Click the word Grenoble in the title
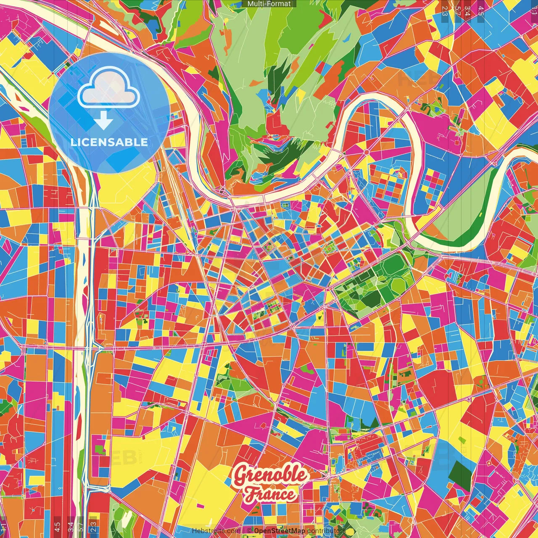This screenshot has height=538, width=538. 270,475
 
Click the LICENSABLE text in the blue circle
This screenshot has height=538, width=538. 109,142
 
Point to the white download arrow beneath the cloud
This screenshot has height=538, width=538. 103,121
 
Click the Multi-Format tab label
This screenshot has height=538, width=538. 269,4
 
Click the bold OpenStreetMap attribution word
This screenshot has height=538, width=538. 280,531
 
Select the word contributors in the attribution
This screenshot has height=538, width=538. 326,531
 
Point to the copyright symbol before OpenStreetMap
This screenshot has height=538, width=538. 249,531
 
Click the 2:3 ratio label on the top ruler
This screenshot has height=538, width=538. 445,11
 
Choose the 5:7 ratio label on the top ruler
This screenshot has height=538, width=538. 457,11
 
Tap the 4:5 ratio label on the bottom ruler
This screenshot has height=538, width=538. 58,526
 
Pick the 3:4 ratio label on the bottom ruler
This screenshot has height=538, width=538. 71,526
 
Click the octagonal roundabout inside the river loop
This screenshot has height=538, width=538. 366,152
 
